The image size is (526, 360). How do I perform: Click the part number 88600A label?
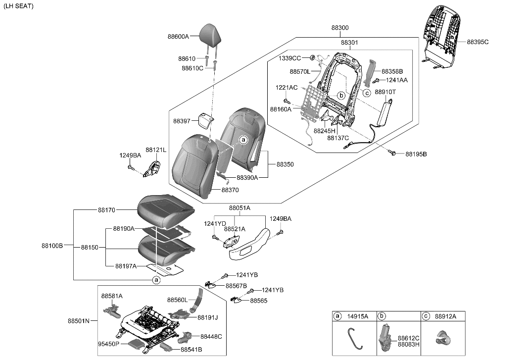coord(178,36)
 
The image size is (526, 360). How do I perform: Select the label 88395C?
coord(477,42)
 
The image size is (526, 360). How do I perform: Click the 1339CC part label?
coord(290,58)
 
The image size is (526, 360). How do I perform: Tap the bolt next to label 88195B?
coord(393,154)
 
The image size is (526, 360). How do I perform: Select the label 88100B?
coord(51,245)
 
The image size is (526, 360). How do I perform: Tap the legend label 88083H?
coord(408,344)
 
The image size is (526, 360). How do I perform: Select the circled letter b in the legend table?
coord(381,316)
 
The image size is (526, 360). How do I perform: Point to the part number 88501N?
coord(78,320)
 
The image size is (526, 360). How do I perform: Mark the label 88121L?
coord(155,149)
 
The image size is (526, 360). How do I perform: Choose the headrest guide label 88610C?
coord(192,68)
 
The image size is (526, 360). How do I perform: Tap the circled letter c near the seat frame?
coord(367,93)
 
